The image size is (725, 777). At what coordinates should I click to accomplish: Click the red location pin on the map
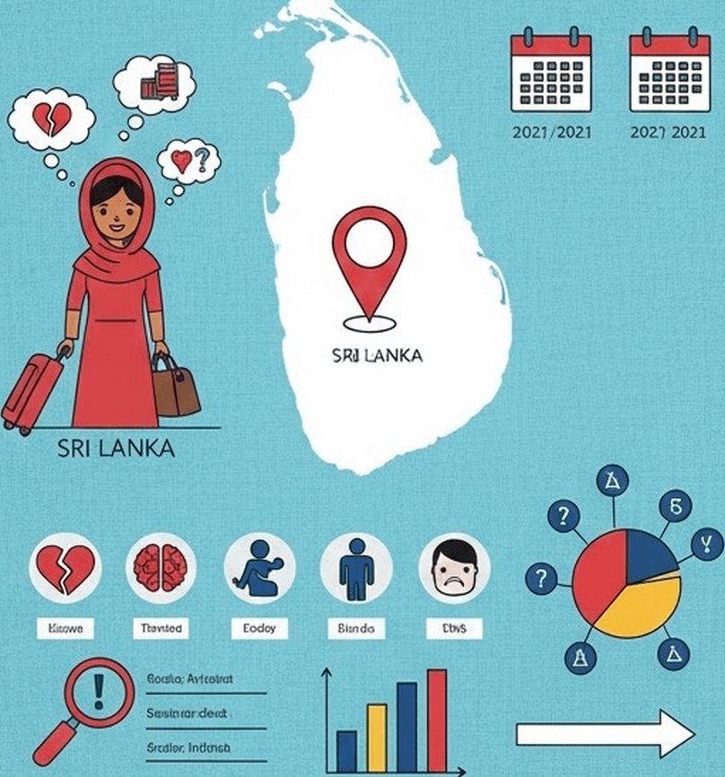[x=369, y=256]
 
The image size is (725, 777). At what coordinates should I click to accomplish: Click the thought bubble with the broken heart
[x=51, y=120]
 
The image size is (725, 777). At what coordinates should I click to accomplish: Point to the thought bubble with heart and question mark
[x=188, y=161]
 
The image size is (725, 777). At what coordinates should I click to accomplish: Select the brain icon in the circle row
[x=162, y=569]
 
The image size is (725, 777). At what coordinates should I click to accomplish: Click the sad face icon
[x=454, y=569]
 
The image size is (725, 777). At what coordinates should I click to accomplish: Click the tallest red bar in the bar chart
[x=437, y=720]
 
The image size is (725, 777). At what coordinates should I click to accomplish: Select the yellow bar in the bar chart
[x=377, y=738]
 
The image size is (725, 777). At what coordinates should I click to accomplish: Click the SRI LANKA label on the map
[x=377, y=354]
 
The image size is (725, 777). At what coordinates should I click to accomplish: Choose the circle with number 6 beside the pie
[x=671, y=507]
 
